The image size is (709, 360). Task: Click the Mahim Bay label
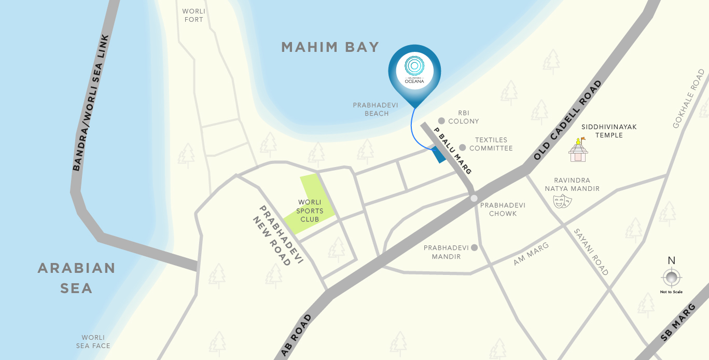tap(330, 47)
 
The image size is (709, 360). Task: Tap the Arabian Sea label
tap(76, 278)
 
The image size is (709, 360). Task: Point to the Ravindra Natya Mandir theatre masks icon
tap(562, 201)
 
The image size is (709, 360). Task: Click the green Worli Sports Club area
tap(310, 205)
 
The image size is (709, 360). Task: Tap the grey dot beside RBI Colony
tap(441, 120)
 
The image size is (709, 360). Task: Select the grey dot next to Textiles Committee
tap(462, 147)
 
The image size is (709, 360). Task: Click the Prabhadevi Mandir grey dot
tap(474, 248)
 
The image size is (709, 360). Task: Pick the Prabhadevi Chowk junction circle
tap(474, 198)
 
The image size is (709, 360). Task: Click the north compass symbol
tap(672, 278)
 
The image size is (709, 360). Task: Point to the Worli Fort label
tap(193, 16)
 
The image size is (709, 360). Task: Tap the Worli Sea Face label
tap(93, 341)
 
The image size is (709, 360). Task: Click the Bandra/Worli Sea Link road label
tap(91, 103)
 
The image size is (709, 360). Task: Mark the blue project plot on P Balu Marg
tap(438, 155)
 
